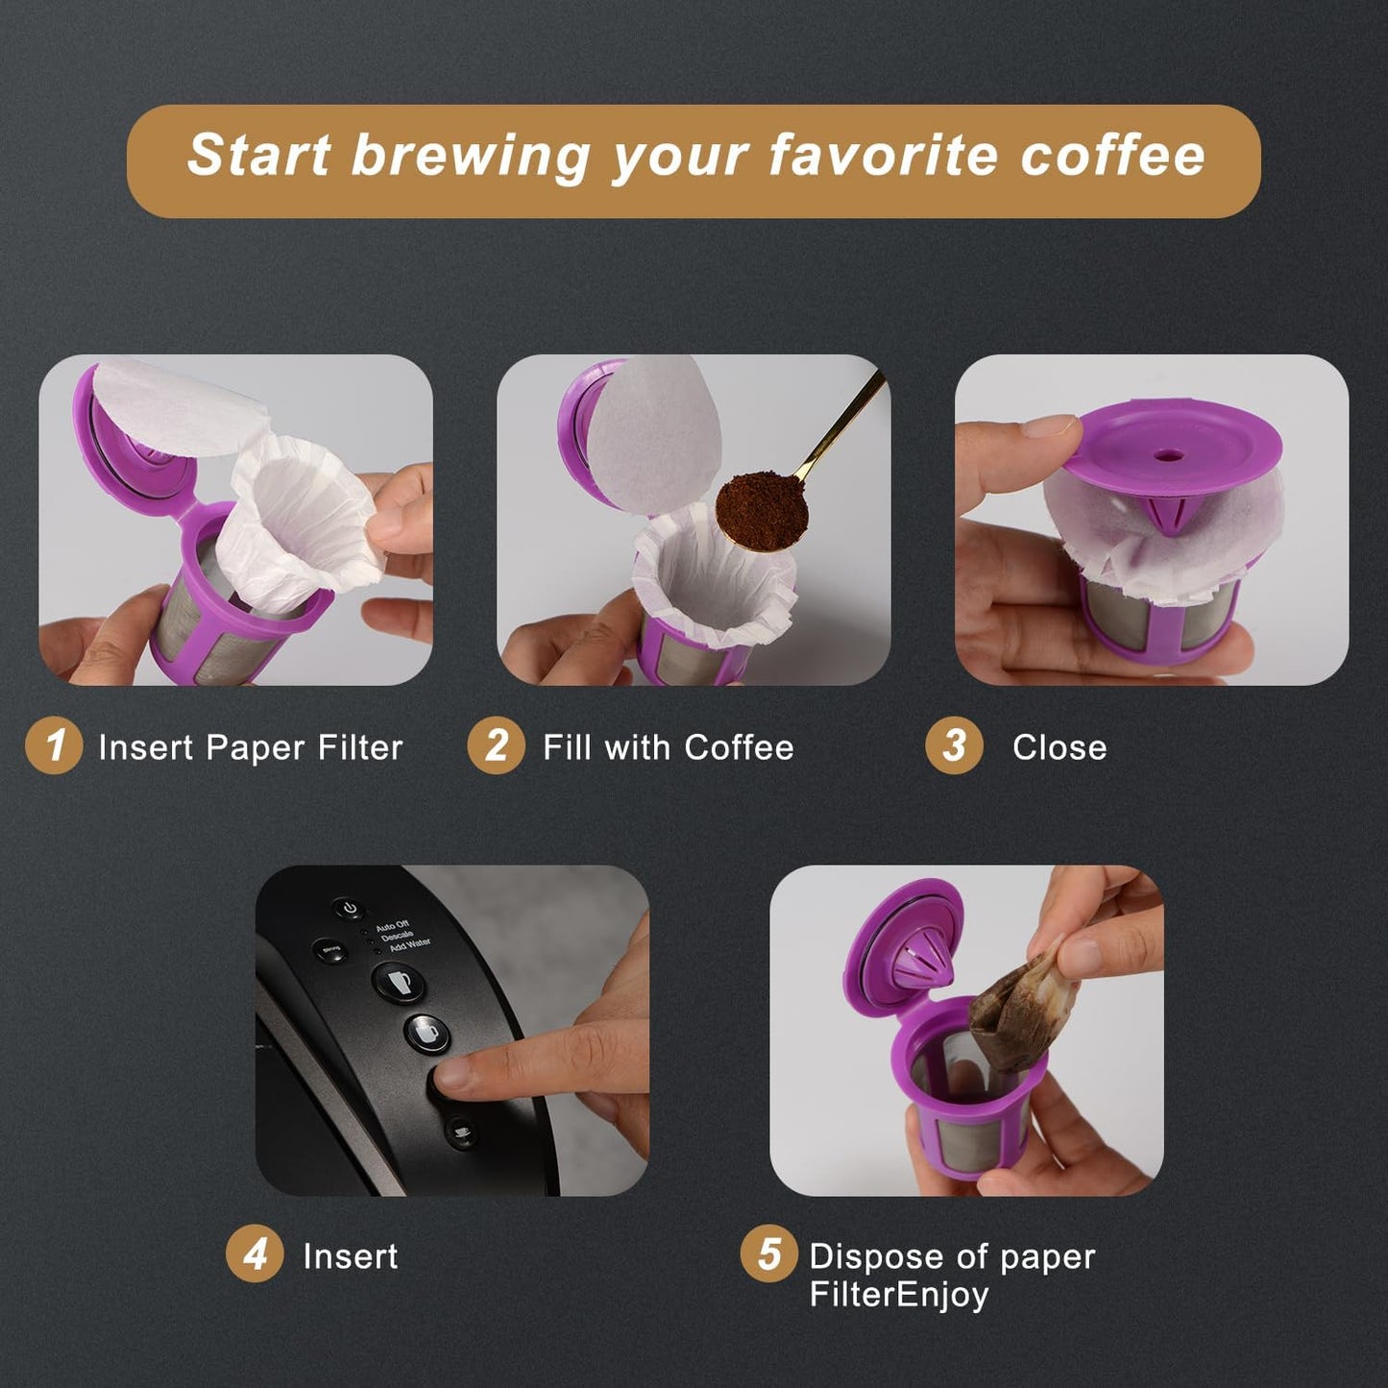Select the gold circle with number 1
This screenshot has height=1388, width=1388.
[54, 745]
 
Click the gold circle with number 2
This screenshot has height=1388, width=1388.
[496, 745]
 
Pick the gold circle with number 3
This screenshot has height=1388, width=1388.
[954, 745]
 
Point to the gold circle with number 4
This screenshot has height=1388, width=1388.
[255, 1254]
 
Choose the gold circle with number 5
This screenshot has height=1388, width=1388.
[768, 1254]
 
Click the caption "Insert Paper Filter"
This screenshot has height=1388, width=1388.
[250, 747]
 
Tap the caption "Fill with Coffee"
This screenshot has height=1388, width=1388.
[669, 747]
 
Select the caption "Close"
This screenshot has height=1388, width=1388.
[1059, 747]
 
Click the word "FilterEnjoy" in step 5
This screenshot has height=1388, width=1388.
[898, 1295]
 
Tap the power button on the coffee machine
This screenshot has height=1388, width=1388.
[349, 908]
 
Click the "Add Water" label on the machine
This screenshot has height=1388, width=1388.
[410, 945]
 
